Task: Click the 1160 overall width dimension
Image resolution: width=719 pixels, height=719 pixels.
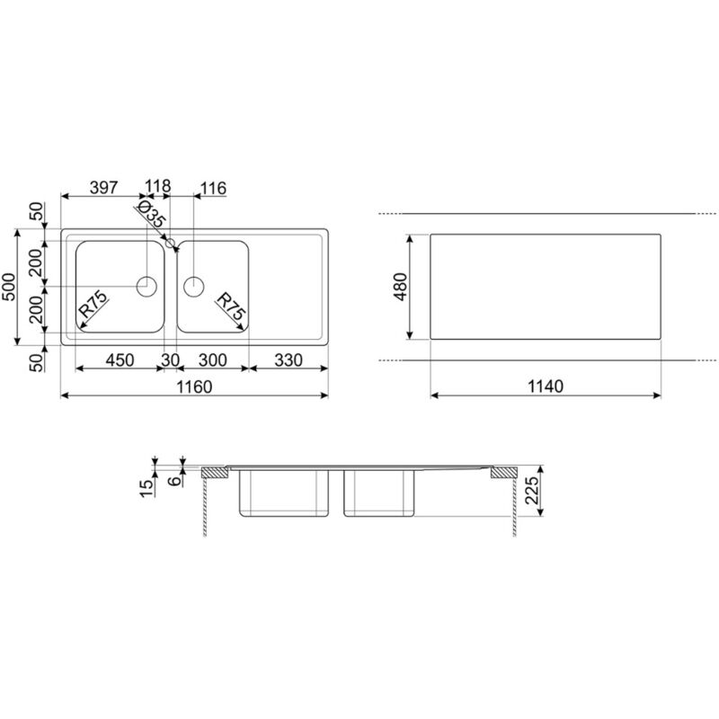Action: (x=194, y=387)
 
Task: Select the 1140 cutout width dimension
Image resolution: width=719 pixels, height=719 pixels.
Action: (x=546, y=386)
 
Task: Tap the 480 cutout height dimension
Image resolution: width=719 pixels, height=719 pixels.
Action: (x=400, y=287)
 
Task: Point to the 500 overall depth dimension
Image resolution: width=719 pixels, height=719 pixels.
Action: (x=8, y=287)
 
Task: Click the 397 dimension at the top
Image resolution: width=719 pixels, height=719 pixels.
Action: (x=103, y=188)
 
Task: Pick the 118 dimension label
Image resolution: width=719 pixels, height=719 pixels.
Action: (x=158, y=186)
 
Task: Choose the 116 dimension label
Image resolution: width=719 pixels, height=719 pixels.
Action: (x=213, y=188)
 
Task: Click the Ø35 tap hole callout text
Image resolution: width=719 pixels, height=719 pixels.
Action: (x=150, y=214)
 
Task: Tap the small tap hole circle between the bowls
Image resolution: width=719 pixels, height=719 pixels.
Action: (x=170, y=243)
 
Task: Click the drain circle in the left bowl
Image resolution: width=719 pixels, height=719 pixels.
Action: (x=146, y=287)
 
